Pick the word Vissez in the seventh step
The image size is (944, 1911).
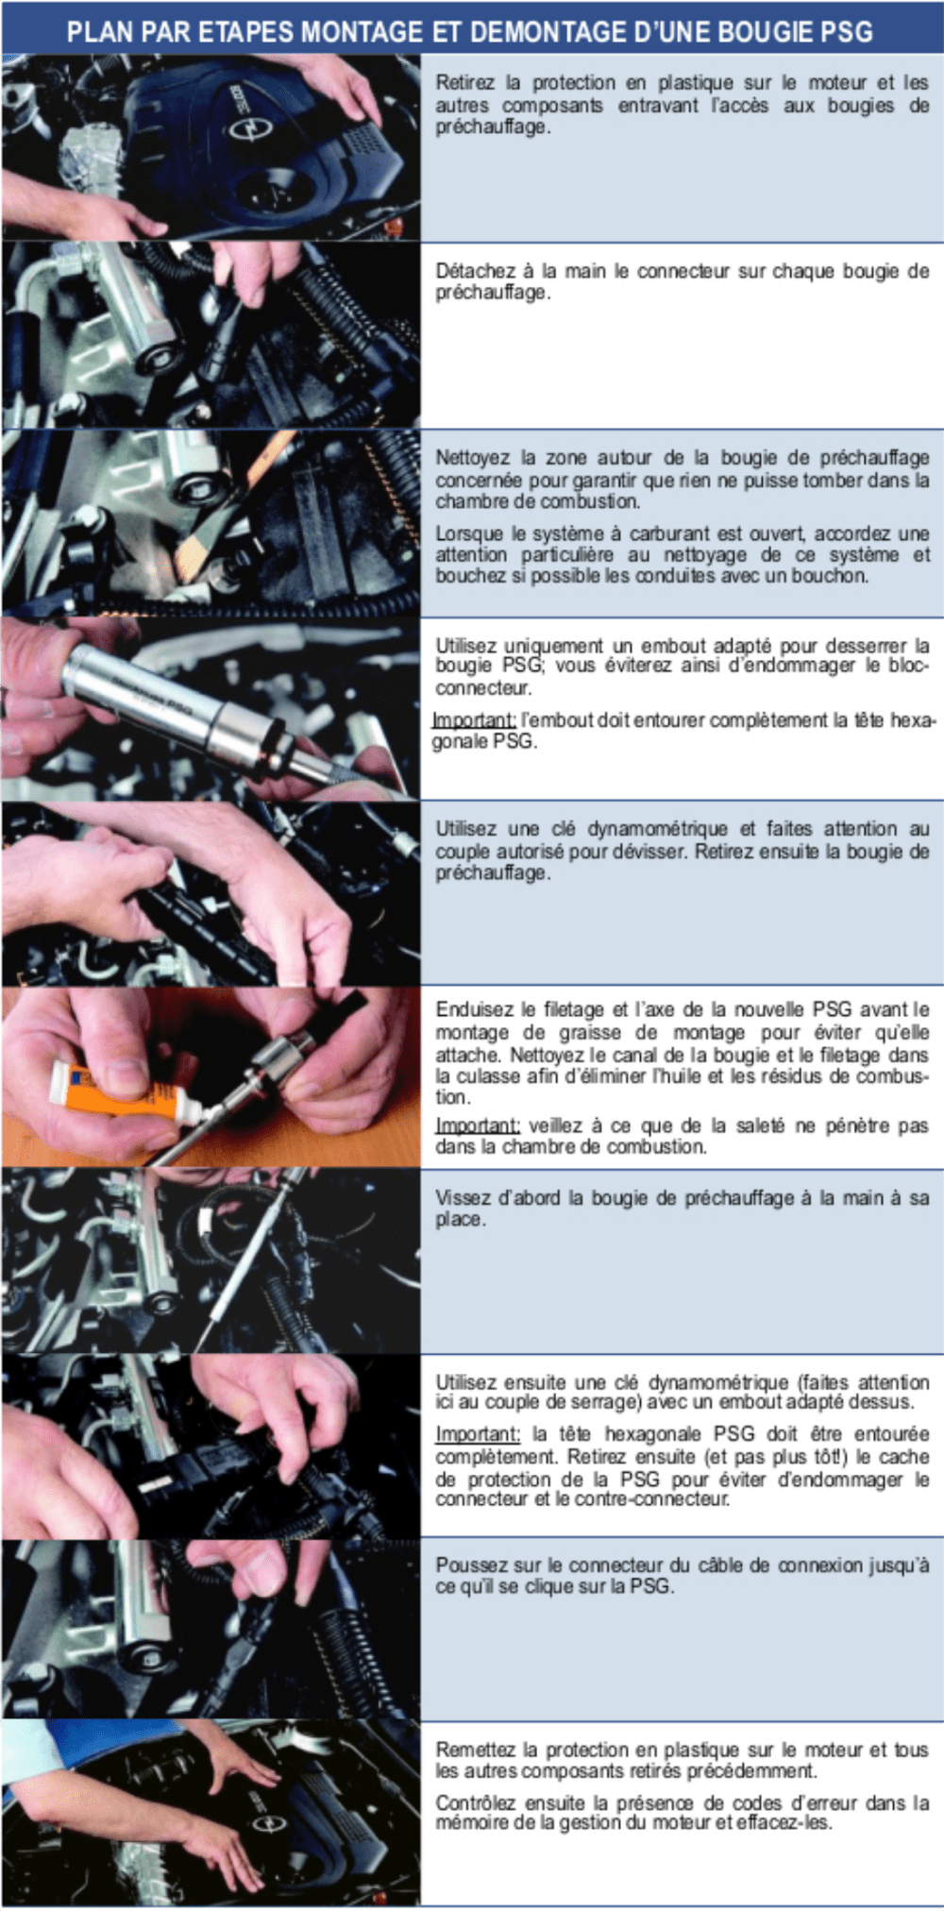point(462,1198)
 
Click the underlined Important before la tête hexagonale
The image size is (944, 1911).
point(477,1434)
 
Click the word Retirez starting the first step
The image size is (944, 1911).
point(465,83)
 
